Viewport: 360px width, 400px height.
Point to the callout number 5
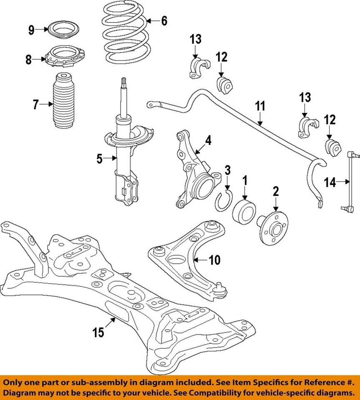pyautogui.click(x=99, y=158)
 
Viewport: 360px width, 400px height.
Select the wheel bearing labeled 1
pyautogui.click(x=244, y=210)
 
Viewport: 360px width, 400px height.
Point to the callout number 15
pyautogui.click(x=98, y=333)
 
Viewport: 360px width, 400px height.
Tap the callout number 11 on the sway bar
pyautogui.click(x=260, y=106)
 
